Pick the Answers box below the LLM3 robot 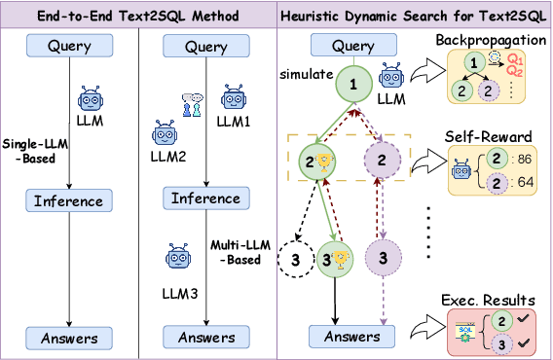click(x=205, y=338)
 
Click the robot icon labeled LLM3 click(x=179, y=260)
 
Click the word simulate click(x=299, y=74)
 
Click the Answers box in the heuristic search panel click(x=351, y=337)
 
